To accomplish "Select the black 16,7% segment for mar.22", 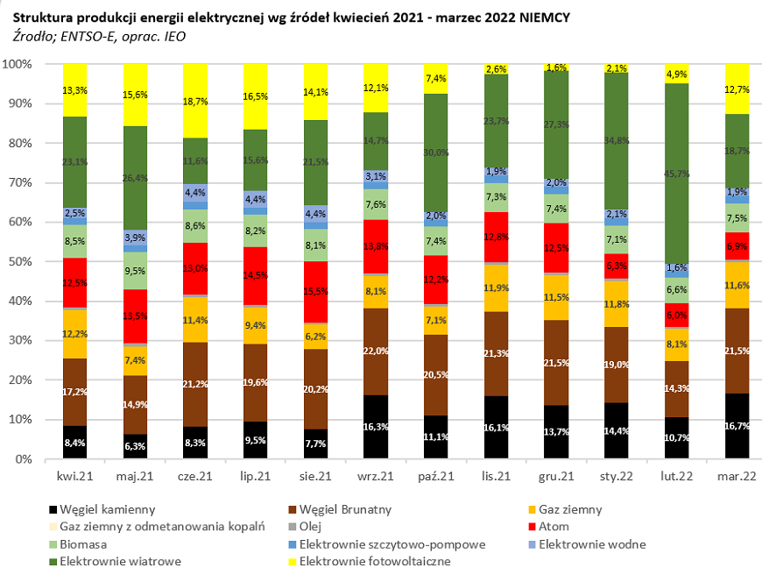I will tap(737, 426).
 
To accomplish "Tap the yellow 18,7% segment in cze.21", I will tap(196, 101).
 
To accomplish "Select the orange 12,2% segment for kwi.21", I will tap(75, 334).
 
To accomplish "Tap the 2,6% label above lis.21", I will tap(496, 69).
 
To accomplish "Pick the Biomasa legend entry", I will tap(80, 544).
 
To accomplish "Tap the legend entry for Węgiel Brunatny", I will tap(344, 509).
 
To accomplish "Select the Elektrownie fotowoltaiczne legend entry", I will tap(375, 561).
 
